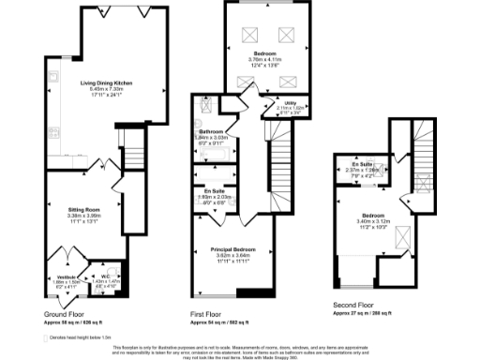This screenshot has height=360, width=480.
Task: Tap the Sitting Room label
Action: [83, 210]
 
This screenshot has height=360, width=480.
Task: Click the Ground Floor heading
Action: [64, 313]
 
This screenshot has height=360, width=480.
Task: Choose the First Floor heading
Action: [209, 313]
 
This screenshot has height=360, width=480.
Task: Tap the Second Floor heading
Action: [352, 306]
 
